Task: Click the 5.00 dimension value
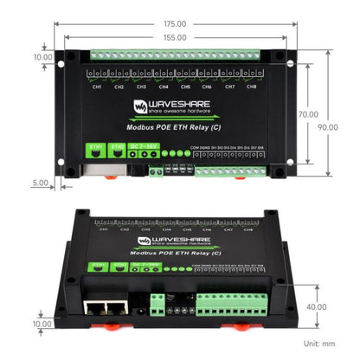[39, 183]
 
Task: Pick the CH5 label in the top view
[185, 87]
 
